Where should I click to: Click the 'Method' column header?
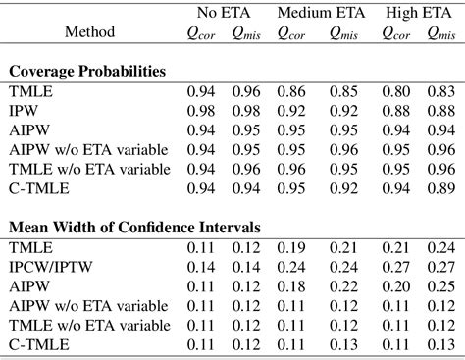click(x=89, y=32)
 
